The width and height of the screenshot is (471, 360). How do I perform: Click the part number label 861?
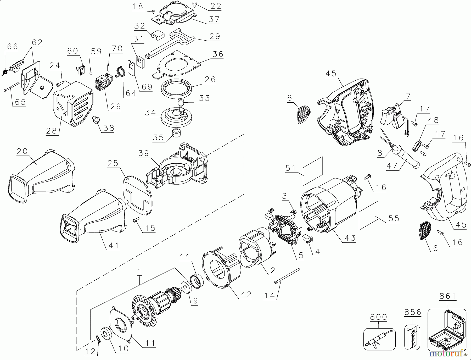pyautogui.click(x=447, y=296)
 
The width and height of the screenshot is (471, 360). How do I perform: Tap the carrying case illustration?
pyautogui.click(x=447, y=330)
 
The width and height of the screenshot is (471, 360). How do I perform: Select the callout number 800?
pyautogui.click(x=378, y=317)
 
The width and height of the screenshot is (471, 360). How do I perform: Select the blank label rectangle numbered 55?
pyautogui.click(x=369, y=216)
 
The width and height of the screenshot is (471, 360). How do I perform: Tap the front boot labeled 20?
pyautogui.click(x=39, y=175)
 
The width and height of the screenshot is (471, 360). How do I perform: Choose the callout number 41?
pyautogui.click(x=113, y=245)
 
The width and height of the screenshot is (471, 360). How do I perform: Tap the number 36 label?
pyautogui.click(x=218, y=54)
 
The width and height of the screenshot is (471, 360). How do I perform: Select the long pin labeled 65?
pyautogui.click(x=12, y=86)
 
